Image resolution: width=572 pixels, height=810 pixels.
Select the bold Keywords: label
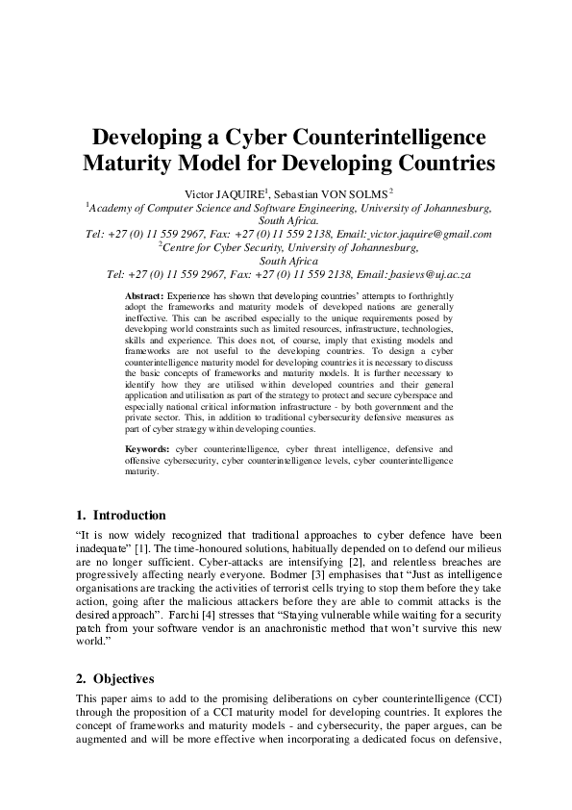coord(149,449)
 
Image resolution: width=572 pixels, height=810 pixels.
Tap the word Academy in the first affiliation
coord(118,207)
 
